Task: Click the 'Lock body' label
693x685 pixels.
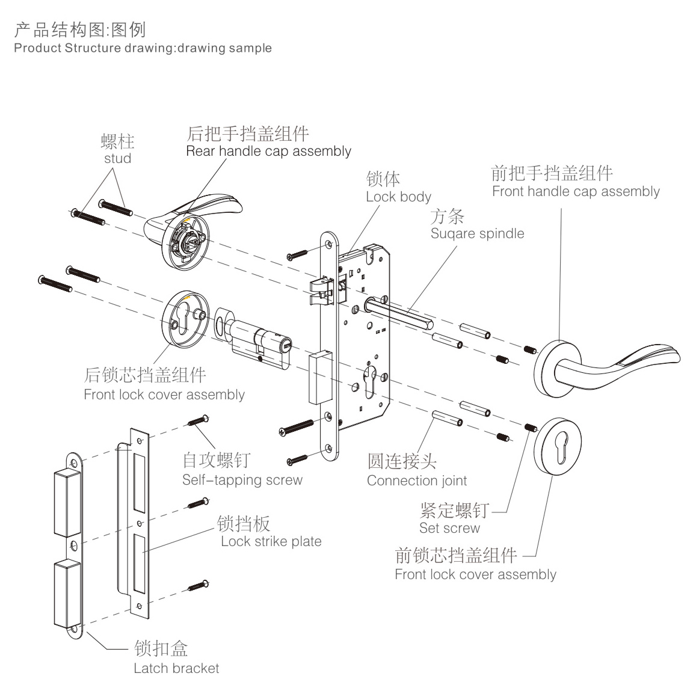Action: point(398,197)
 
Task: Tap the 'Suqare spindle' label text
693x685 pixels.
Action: point(477,233)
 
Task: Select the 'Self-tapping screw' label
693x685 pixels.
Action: point(242,479)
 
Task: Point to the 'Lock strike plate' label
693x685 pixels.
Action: point(271,541)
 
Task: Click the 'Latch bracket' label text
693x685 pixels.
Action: point(176,668)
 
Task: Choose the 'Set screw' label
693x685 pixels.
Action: point(449,528)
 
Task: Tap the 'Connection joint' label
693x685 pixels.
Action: point(417,481)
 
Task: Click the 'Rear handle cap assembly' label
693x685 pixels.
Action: point(268,151)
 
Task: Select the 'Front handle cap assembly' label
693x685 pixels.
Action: point(576,191)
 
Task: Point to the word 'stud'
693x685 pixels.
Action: point(117,158)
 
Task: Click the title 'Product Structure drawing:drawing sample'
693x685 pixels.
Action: point(143,48)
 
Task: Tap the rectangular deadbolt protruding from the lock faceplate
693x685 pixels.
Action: point(319,377)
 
